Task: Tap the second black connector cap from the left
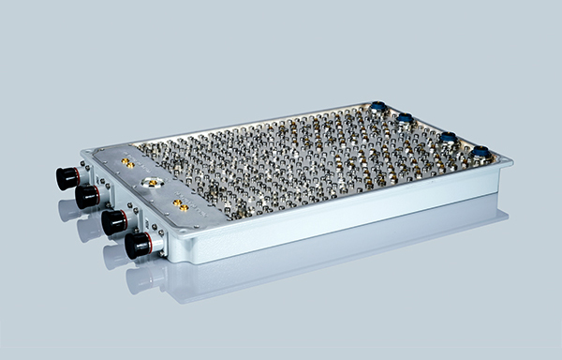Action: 87,195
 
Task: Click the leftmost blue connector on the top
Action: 379,107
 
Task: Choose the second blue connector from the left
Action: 406,119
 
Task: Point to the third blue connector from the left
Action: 448,138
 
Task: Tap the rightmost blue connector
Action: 481,152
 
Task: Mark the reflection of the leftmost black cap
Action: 68,208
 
